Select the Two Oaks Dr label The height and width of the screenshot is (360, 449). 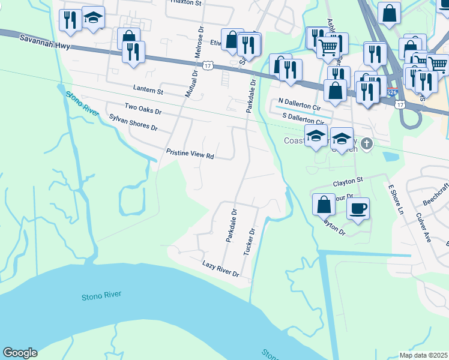[x=143, y=108]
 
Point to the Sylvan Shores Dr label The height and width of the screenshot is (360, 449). [x=133, y=123]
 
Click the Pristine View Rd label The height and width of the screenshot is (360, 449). [x=190, y=154]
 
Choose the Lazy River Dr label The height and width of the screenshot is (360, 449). [x=221, y=269]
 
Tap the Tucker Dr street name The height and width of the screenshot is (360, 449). [x=249, y=241]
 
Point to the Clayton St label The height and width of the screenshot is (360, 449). [x=348, y=180]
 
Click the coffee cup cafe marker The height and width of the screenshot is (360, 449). [x=358, y=209]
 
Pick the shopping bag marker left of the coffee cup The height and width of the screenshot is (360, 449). [x=324, y=205]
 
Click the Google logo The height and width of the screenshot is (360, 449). [x=20, y=353]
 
